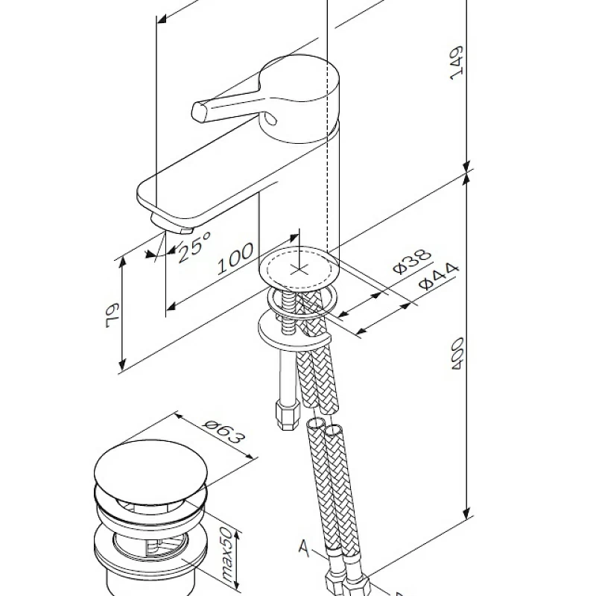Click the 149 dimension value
point(457,63)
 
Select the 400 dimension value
point(457,353)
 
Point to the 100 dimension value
point(235,258)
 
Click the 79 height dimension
point(112,315)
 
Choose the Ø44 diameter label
point(438,276)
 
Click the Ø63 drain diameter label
point(222,432)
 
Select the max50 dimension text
point(227,554)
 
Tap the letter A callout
point(304,548)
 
